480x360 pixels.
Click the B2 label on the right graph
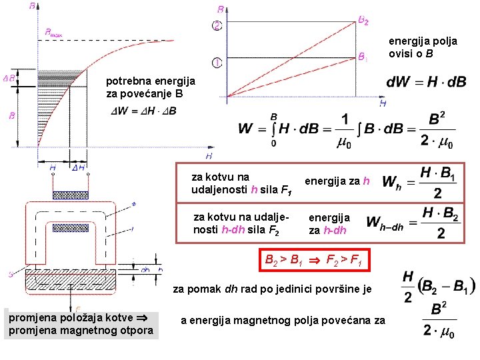[x=363, y=21]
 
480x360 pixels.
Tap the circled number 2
[x=217, y=26]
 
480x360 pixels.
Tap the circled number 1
[x=217, y=63]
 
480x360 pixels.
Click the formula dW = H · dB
[x=426, y=82]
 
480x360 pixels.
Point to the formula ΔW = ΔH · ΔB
[x=143, y=111]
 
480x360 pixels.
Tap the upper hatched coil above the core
[x=69, y=195]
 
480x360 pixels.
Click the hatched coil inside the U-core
[x=70, y=227]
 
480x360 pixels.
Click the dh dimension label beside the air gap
[x=146, y=270]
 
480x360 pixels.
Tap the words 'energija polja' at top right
[x=423, y=41]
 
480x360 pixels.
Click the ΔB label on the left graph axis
[x=9, y=78]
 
